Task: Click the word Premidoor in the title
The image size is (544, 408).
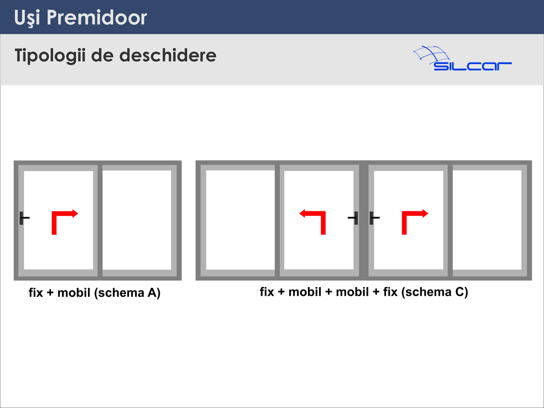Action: (97, 17)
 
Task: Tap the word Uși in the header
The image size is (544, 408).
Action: (27, 18)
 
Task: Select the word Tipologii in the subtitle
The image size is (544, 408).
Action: (50, 56)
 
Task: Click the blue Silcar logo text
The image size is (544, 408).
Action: (472, 66)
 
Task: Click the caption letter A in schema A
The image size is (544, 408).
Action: (152, 293)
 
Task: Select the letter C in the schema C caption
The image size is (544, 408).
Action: (459, 292)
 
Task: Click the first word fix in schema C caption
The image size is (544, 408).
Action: (267, 292)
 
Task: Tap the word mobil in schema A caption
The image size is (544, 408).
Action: (74, 292)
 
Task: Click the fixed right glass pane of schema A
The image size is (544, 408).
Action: (137, 220)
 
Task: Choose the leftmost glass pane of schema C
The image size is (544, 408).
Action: (241, 220)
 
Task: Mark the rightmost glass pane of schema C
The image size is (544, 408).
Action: (487, 220)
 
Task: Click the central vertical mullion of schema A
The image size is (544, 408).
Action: (100, 221)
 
